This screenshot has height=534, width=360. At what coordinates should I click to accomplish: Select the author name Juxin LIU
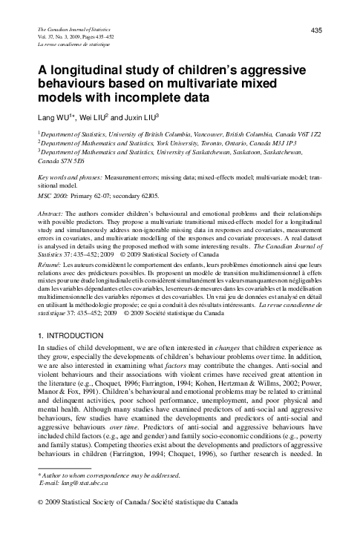pyautogui.click(x=154, y=117)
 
